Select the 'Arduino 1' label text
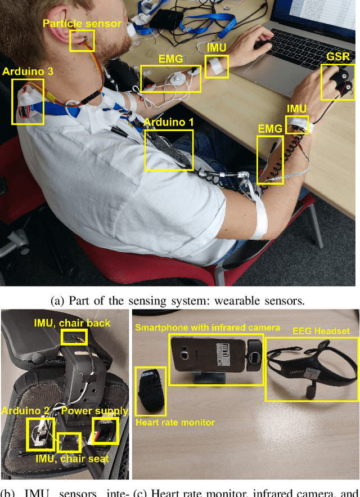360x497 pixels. (x=168, y=122)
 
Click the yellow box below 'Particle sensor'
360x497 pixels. (x=82, y=41)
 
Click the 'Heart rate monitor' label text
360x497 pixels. (x=175, y=422)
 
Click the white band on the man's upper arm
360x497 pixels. (x=259, y=220)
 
